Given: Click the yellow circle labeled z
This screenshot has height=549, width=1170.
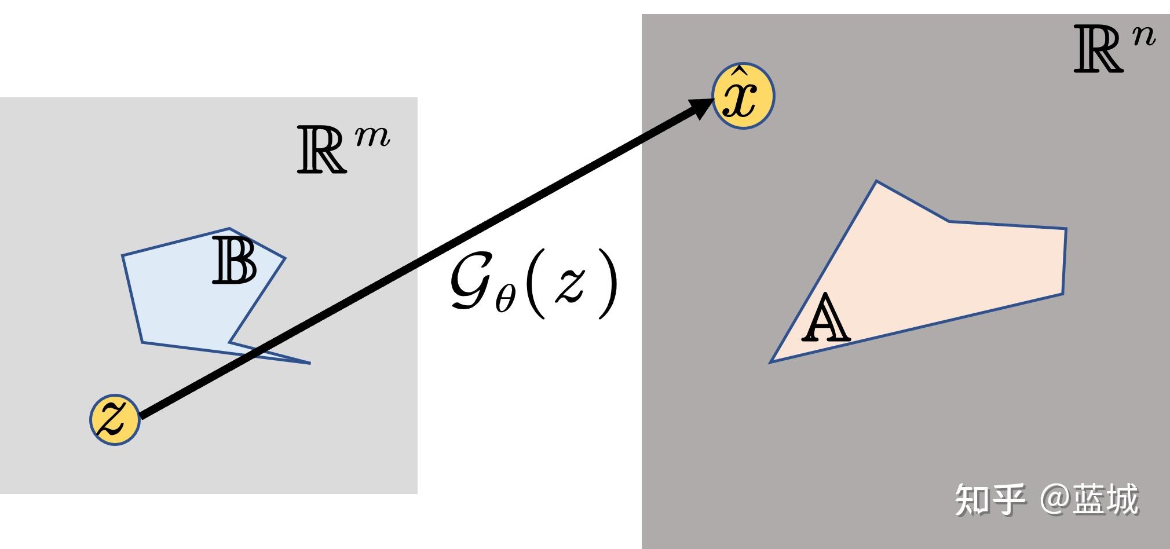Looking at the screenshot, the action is point(115,419).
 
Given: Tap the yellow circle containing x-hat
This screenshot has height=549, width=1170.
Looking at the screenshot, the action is point(743,96).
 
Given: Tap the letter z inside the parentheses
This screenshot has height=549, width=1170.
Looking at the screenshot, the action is point(571,287).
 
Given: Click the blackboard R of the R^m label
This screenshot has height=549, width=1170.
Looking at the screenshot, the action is point(321,150).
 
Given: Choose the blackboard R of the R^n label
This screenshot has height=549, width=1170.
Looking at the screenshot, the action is point(1098,50).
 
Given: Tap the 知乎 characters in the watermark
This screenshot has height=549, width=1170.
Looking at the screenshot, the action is point(989,500).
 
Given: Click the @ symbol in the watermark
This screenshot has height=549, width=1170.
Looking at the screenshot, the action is point(1055,500).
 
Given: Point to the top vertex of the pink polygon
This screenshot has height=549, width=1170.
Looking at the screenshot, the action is point(876,181).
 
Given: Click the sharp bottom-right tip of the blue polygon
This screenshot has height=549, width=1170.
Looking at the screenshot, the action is point(310,363).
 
